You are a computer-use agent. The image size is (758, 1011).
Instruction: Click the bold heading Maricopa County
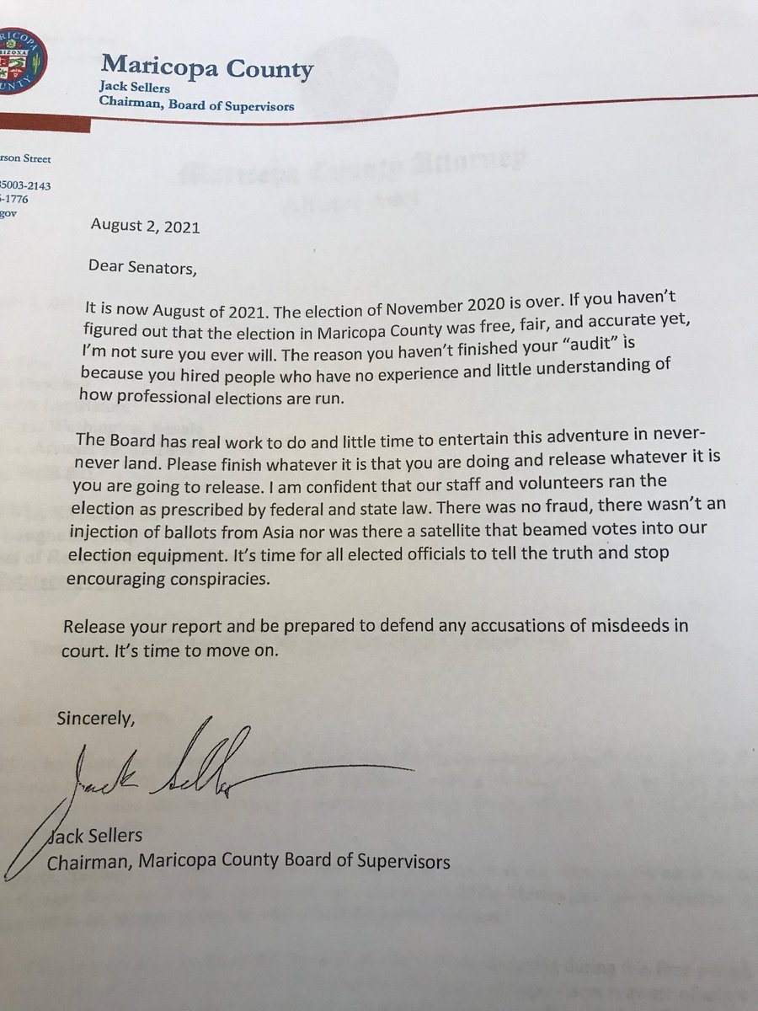pyautogui.click(x=207, y=67)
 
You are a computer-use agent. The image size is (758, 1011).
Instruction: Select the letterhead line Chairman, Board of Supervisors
pyautogui.click(x=198, y=106)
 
